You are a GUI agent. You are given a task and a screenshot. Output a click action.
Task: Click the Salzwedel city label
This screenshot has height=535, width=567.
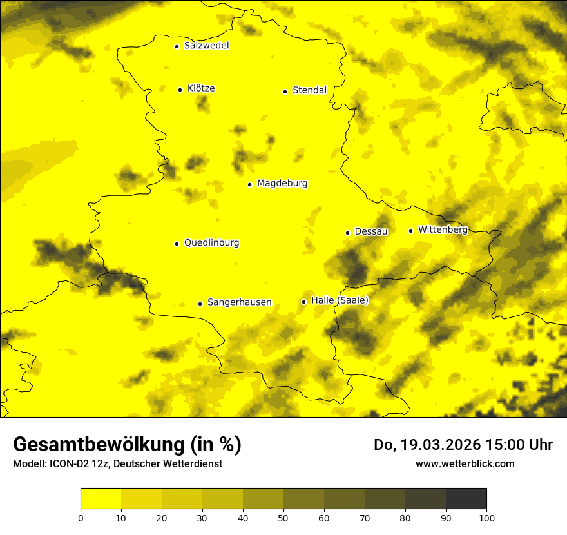[206, 46]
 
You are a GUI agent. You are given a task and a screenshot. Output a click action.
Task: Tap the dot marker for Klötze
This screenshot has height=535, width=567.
[180, 90]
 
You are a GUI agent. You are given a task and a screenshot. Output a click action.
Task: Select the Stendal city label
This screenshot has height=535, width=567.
[309, 90]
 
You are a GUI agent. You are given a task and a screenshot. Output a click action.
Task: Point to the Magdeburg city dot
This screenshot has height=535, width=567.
[249, 184]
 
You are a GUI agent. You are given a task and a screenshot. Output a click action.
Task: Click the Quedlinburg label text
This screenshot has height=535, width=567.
[211, 243]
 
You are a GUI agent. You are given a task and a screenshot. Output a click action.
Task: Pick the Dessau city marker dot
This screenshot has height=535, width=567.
[347, 233]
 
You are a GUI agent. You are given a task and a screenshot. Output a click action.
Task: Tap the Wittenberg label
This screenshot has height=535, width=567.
[443, 229]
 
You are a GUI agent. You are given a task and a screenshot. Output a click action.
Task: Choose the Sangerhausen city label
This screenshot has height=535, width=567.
[239, 302]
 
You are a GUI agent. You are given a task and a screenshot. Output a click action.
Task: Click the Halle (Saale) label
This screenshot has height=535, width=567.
[340, 300]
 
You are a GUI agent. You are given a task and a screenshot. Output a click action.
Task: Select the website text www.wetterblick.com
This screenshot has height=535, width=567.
[465, 463]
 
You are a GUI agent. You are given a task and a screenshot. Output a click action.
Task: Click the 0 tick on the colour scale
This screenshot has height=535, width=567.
[81, 517]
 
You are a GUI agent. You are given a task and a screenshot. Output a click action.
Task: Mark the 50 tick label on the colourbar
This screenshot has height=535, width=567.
[283, 517]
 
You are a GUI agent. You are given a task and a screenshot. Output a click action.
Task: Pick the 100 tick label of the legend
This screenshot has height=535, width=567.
[486, 517]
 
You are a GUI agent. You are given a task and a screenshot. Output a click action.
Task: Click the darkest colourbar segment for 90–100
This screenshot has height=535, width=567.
[466, 499]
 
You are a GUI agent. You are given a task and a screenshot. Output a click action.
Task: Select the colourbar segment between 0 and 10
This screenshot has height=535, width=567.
[101, 499]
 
